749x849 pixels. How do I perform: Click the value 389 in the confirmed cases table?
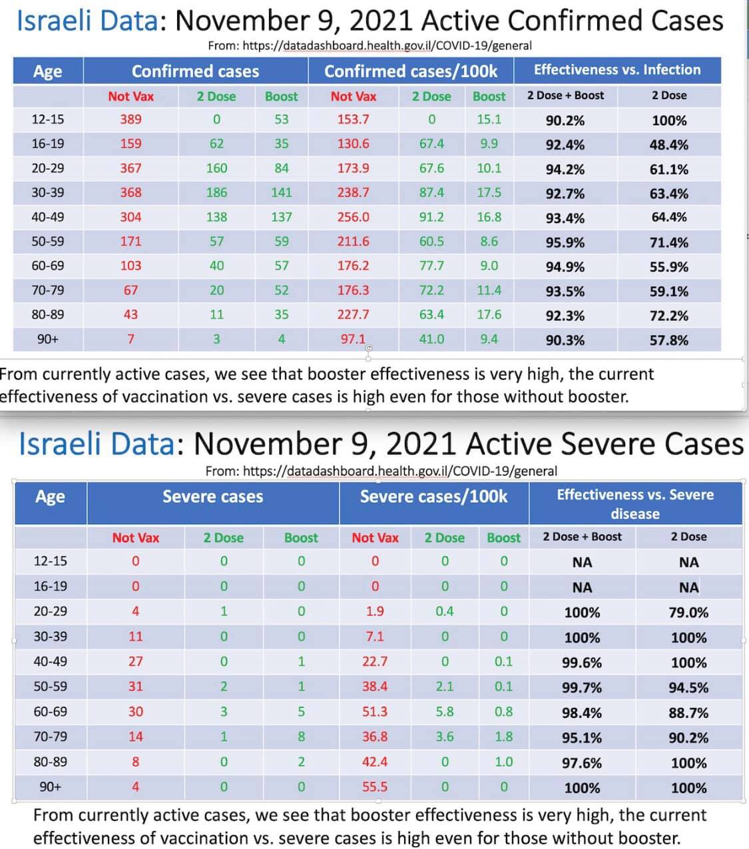[x=131, y=119]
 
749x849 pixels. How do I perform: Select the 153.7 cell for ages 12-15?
[x=353, y=119]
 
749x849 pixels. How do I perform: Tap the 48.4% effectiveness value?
[x=669, y=145]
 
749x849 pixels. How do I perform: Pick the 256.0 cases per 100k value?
[x=353, y=217]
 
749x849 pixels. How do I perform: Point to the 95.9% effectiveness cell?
[x=565, y=243]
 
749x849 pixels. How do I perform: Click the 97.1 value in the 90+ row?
[x=353, y=339]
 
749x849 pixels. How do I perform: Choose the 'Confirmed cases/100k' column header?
[x=411, y=71]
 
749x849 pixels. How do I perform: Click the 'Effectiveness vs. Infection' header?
[x=617, y=70]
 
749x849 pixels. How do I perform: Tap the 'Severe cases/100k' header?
[x=433, y=496]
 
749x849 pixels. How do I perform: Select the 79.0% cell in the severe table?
[x=688, y=613]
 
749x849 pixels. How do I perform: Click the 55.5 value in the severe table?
[x=375, y=787]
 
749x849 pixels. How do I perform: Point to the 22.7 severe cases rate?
[x=375, y=661]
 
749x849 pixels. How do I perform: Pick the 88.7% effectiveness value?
[x=688, y=713]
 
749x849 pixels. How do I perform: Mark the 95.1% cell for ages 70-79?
[x=582, y=738]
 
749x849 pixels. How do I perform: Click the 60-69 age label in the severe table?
[x=51, y=711]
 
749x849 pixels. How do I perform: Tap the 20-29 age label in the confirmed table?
[x=48, y=168]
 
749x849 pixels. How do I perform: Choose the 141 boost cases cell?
[x=282, y=193]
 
